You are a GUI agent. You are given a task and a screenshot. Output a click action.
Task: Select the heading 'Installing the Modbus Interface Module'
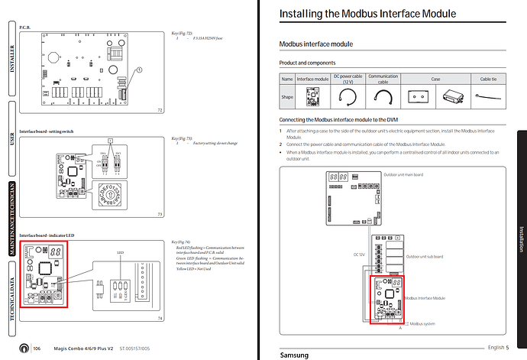367,14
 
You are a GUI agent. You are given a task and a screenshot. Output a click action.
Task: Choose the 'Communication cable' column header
383,79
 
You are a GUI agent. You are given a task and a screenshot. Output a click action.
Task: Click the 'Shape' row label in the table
286,96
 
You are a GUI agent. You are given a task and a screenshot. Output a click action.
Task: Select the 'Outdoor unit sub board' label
425,257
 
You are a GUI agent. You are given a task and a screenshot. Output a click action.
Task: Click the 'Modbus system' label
422,324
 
